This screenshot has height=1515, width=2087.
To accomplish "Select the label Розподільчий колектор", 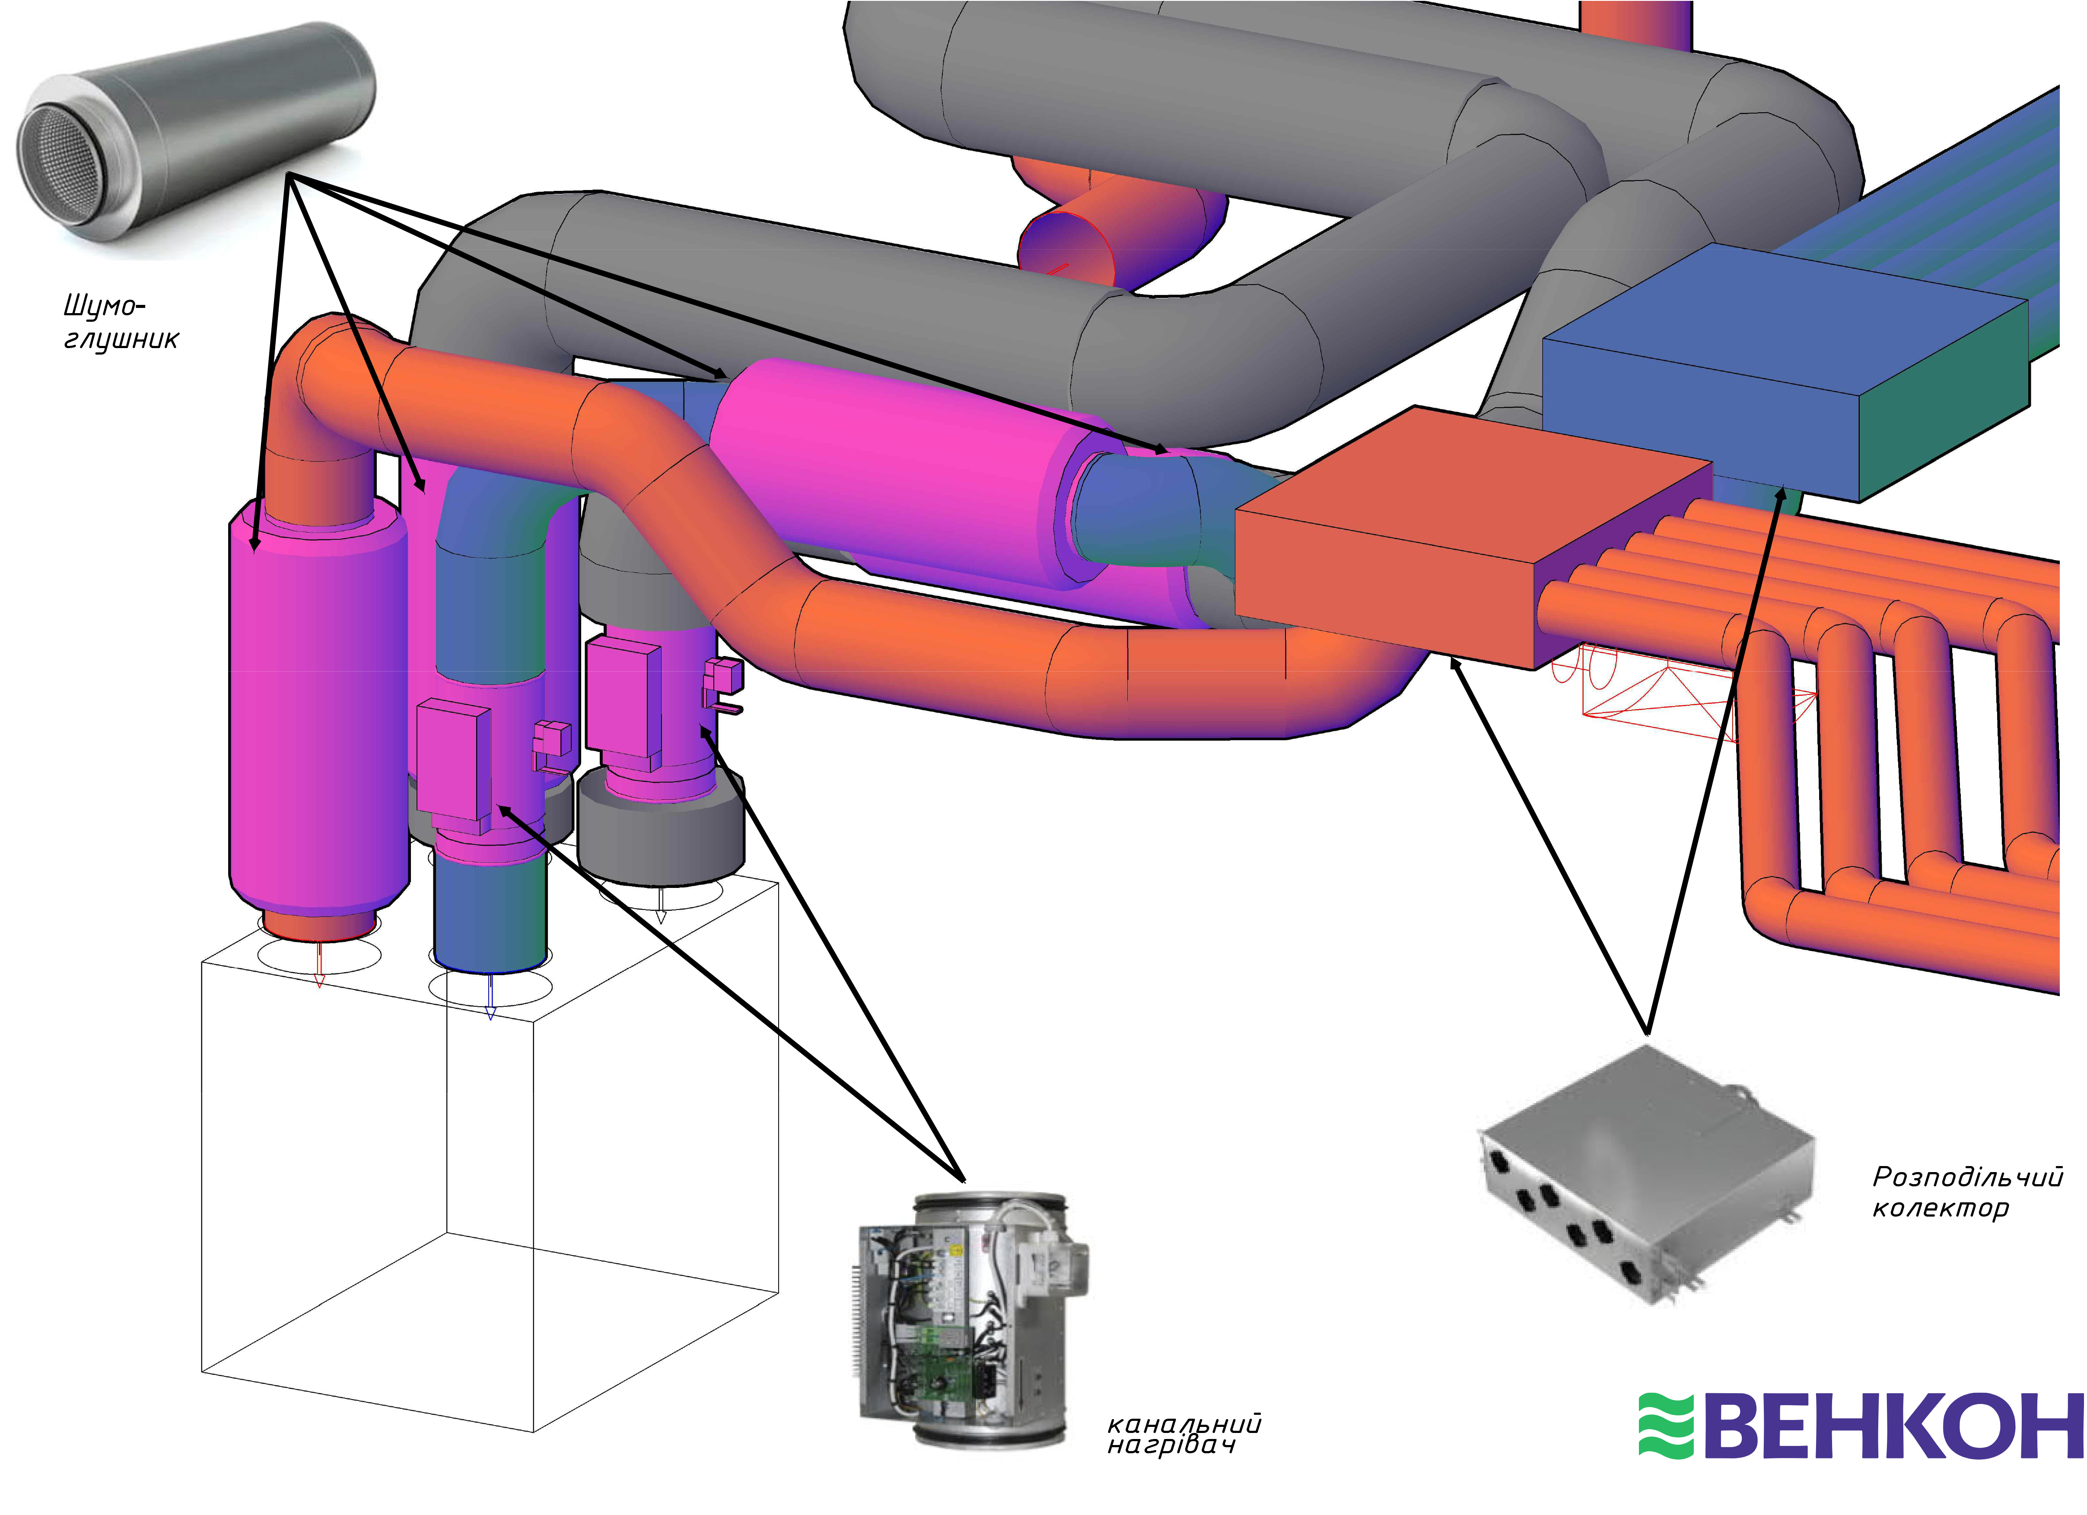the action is click(x=1967, y=1191).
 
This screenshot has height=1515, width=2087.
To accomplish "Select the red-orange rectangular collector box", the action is click(x=1472, y=538).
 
